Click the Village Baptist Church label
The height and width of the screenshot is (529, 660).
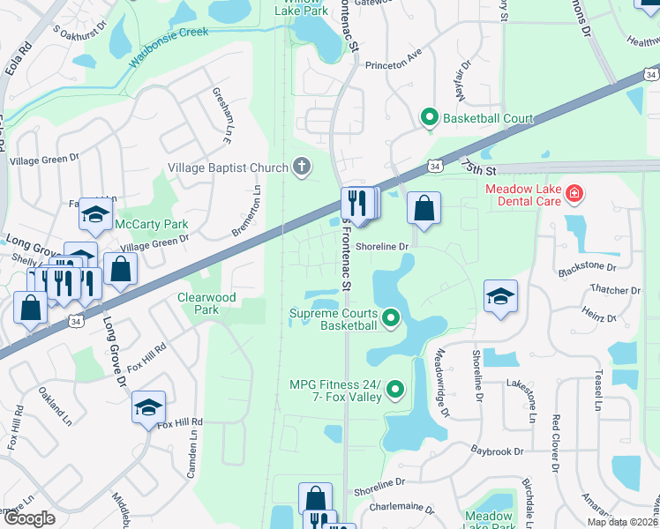pyautogui.click(x=229, y=168)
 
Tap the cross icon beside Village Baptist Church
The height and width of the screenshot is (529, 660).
pyautogui.click(x=301, y=166)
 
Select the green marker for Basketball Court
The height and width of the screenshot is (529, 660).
pyautogui.click(x=430, y=117)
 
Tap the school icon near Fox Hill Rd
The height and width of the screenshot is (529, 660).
pyautogui.click(x=148, y=406)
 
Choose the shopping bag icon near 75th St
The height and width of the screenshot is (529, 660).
pyautogui.click(x=424, y=209)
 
